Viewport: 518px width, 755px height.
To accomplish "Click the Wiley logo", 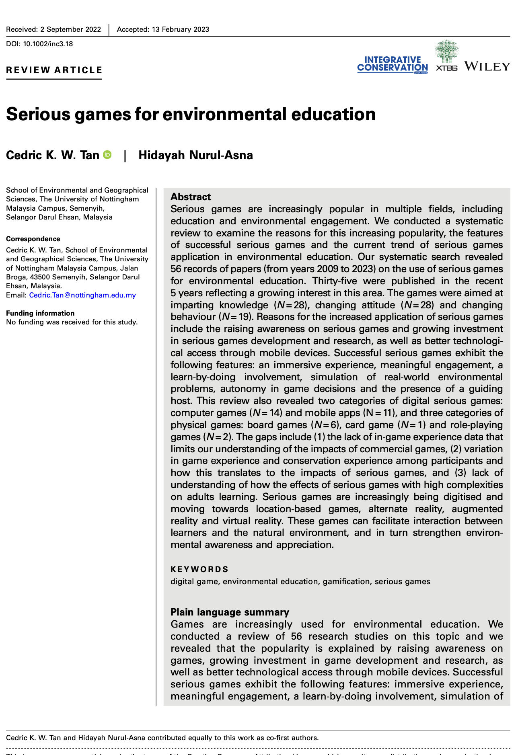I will (487, 66).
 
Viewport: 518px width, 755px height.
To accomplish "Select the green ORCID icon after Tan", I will (107, 155).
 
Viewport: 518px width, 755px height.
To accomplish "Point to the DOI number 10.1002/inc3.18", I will (48, 44).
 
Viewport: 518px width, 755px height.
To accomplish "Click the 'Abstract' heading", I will (191, 197).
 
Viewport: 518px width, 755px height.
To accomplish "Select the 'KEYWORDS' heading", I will (199, 569).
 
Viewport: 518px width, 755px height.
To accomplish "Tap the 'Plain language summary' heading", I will (230, 612).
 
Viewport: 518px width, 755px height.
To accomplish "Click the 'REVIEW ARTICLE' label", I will (54, 70).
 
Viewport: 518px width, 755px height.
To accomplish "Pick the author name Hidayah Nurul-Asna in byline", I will (195, 155).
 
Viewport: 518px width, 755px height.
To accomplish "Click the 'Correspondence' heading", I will (33, 239).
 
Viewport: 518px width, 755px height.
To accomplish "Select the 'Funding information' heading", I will (40, 313).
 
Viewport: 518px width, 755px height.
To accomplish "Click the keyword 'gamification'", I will (346, 581).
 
